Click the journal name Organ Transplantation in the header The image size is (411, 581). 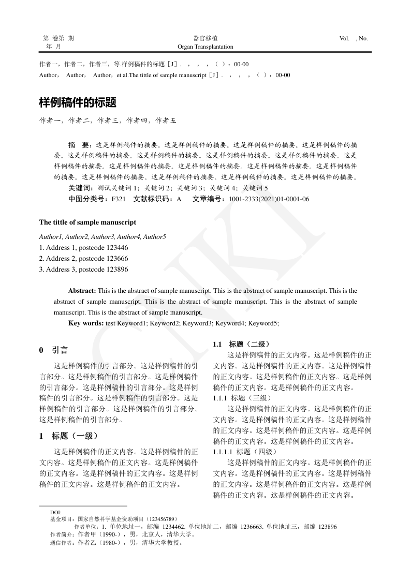(205, 47)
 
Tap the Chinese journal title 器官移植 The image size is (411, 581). (205, 38)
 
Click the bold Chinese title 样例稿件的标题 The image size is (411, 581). (78, 102)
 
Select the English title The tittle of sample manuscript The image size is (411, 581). (88, 222)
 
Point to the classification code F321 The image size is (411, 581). (119, 199)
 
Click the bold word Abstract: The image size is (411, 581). (82, 291)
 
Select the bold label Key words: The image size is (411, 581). (86, 323)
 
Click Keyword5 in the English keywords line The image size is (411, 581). (263, 323)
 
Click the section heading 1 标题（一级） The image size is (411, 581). (69, 436)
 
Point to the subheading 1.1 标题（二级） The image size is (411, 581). (241, 344)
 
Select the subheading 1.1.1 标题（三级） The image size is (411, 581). (242, 398)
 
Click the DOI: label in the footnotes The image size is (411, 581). (56, 513)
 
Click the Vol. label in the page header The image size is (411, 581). (344, 38)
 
